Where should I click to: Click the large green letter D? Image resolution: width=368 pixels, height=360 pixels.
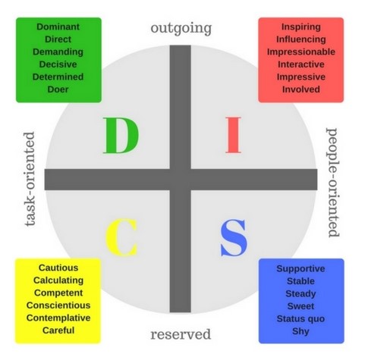click(121, 135)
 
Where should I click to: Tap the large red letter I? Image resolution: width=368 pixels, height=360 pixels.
click(233, 135)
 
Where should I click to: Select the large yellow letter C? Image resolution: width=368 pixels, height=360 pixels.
click(121, 237)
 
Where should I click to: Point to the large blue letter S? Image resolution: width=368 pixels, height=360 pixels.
click(234, 237)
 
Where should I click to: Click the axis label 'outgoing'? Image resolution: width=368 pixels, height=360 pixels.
click(181, 28)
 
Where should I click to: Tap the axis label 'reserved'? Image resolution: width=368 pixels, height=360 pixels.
click(181, 334)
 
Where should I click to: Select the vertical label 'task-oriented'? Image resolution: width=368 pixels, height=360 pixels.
click(30, 179)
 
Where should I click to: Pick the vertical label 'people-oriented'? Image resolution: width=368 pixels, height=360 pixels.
click(332, 183)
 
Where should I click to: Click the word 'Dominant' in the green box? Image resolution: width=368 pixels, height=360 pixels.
click(58, 27)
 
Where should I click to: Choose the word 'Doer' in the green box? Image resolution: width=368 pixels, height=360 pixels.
click(58, 89)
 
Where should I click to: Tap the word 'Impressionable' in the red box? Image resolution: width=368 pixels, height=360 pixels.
click(301, 52)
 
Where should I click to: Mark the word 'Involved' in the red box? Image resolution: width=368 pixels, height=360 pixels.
click(301, 89)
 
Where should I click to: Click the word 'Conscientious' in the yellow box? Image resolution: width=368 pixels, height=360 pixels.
click(58, 305)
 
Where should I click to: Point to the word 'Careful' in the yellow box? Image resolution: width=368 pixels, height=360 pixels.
click(58, 330)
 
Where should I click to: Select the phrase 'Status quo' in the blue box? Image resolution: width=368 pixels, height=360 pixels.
click(300, 319)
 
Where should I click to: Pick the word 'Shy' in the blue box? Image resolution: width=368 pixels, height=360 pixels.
click(300, 331)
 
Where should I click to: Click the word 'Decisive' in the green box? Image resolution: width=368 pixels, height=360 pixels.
click(58, 64)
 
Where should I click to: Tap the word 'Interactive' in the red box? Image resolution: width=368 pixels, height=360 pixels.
click(301, 64)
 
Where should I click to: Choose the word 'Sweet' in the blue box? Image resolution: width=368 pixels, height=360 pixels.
click(300, 306)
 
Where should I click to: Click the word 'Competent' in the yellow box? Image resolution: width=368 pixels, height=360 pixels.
click(58, 293)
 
